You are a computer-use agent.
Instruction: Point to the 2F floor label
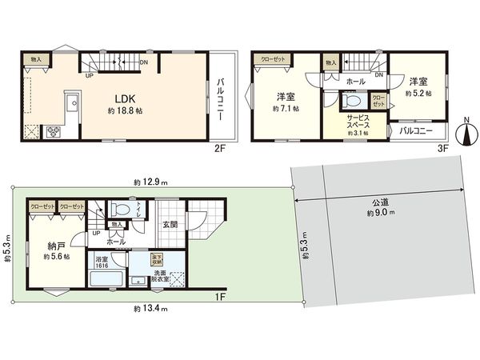(x=219, y=149)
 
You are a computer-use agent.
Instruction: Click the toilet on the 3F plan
(x=350, y=101)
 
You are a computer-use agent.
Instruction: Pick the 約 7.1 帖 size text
(x=286, y=107)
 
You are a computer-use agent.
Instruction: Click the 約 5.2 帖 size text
(x=417, y=93)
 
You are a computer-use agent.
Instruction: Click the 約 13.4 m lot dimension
(x=150, y=307)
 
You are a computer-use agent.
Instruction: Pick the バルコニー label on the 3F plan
(x=415, y=130)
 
